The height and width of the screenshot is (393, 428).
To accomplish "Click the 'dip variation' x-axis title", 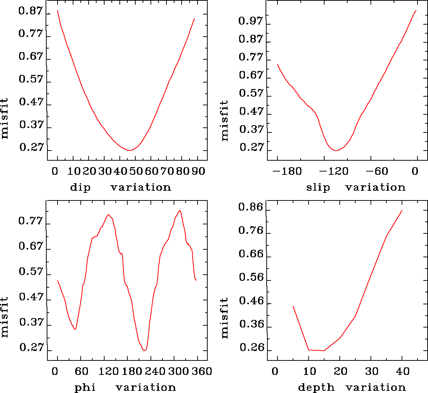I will tap(120, 187).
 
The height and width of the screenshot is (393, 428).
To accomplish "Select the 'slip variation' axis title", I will tap(356, 187).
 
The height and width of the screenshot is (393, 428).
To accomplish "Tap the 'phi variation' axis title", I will tap(125, 388).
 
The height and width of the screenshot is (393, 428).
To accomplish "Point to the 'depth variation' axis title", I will tap(352, 388).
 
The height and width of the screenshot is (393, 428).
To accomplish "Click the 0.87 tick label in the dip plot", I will tap(31, 12).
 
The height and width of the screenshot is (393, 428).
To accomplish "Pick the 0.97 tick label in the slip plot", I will tap(251, 21).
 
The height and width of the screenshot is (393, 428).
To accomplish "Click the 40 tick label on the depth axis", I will tap(402, 371).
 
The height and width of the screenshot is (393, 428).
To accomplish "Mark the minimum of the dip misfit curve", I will tap(130, 150).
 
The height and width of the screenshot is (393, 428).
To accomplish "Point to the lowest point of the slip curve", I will tap(336, 150).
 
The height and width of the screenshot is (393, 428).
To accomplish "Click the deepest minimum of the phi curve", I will tap(144, 350).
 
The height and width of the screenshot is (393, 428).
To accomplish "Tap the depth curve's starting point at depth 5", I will tap(293, 306).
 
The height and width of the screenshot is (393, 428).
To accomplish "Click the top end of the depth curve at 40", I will tap(402, 210).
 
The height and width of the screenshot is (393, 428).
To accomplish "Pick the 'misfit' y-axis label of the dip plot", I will tap(5, 118).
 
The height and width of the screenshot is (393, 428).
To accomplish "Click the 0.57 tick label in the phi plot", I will tap(31, 272).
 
